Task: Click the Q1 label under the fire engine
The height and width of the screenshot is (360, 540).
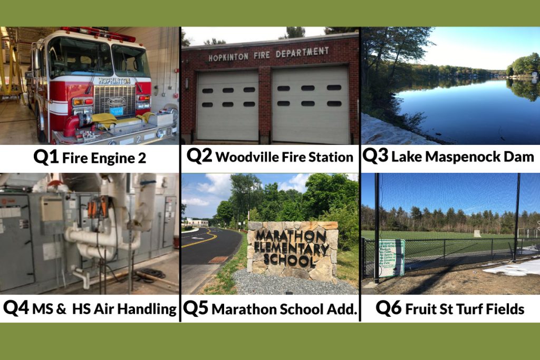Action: click(46, 158)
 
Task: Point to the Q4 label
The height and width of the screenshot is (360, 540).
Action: click(16, 308)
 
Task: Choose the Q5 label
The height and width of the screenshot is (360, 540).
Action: click(195, 308)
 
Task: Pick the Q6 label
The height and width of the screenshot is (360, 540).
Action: click(389, 308)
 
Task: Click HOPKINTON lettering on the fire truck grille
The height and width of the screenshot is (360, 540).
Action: click(114, 81)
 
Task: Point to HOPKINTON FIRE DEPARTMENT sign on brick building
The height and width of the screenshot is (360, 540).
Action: click(268, 54)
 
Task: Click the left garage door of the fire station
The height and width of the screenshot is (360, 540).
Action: click(227, 105)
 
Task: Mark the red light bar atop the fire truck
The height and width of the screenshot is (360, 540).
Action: click(97, 34)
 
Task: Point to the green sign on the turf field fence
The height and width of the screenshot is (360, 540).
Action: click(391, 258)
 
